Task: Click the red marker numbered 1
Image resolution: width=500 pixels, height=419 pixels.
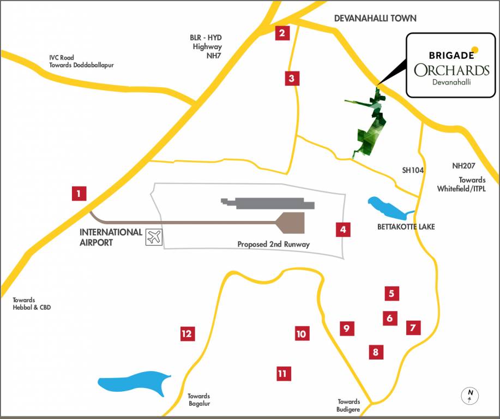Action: pos(79,193)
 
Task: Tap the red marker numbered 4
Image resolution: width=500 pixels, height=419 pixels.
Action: pos(342,229)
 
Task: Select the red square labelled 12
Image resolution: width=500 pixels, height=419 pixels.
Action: pos(187,333)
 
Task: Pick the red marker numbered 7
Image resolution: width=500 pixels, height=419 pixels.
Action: pos(413,327)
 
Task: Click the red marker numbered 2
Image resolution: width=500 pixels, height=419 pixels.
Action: pos(281,33)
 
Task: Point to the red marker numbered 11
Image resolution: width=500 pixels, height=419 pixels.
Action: pos(282,374)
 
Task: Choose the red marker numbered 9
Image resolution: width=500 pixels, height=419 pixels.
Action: pos(346,328)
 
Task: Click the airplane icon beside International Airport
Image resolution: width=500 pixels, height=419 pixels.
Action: pos(154,237)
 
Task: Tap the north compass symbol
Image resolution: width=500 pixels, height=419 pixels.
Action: pos(469,396)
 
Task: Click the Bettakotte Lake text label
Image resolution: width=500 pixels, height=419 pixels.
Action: pos(406,226)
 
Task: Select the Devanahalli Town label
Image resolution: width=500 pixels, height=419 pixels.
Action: pos(375,19)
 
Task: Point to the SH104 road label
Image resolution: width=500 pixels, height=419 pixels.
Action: pos(413,170)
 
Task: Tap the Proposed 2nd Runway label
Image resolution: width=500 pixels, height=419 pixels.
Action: pos(273,244)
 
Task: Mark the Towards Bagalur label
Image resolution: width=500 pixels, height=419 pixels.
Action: pos(198,400)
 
